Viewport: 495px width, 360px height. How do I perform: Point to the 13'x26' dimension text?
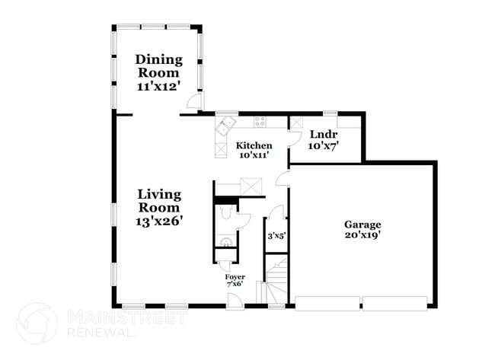[159, 221]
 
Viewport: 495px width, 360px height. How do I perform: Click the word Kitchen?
[254, 145]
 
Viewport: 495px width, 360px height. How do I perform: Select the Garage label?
[362, 225]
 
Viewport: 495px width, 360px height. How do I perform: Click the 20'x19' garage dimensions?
[362, 235]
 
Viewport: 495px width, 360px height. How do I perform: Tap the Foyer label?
[235, 276]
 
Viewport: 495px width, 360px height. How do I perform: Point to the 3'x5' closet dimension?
[275, 236]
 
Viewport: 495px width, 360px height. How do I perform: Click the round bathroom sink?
[225, 243]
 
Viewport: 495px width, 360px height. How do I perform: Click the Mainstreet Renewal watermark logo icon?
[37, 323]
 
